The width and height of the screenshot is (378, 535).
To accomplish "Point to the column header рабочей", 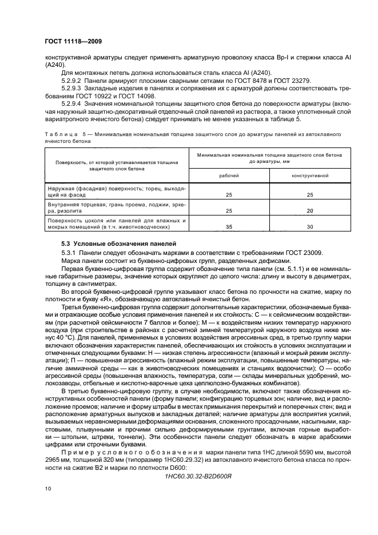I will [229, 175].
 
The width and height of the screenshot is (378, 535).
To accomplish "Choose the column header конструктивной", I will [309, 175].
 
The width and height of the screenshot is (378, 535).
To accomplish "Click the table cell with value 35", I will [229, 227].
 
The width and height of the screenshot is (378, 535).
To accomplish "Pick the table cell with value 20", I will [309, 211].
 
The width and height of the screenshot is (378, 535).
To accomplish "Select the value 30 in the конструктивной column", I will [309, 227].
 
